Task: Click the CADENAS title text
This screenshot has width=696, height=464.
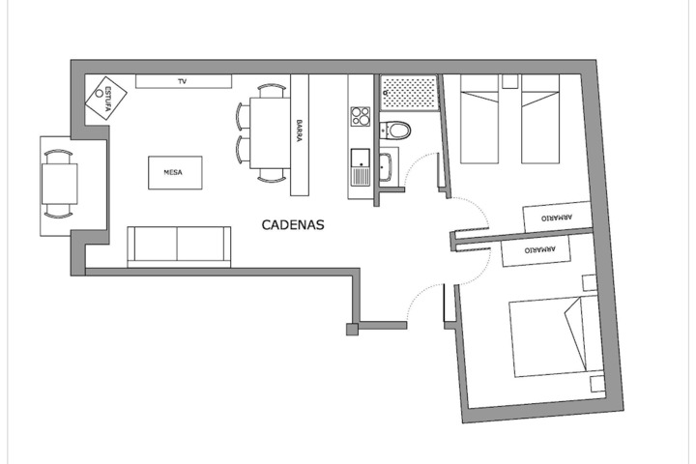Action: point(293,224)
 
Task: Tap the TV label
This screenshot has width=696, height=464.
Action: point(182,81)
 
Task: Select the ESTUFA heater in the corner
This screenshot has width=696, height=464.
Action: point(106,99)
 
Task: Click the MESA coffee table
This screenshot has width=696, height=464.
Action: point(175,173)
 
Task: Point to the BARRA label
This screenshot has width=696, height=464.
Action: point(299,130)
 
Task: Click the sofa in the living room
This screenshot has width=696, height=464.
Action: point(179,246)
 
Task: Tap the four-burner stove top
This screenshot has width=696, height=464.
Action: point(360,117)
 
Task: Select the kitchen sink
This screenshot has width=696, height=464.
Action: point(361,167)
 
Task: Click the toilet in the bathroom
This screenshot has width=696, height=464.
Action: point(396,130)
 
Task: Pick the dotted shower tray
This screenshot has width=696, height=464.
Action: point(409,93)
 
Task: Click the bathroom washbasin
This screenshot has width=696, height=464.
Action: point(386,167)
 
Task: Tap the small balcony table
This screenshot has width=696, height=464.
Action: point(60,184)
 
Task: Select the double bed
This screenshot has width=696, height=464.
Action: point(556,336)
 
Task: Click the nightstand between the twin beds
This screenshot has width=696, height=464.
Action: point(510,81)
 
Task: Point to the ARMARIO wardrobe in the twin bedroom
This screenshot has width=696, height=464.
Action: point(558,217)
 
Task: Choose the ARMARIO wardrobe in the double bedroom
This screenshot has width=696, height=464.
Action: point(536,250)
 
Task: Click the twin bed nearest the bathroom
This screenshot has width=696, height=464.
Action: point(479,119)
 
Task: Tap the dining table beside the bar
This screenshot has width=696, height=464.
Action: point(270,133)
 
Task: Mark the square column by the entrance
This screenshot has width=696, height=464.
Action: point(353,329)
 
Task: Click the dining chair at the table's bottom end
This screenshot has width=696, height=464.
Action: point(272,176)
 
